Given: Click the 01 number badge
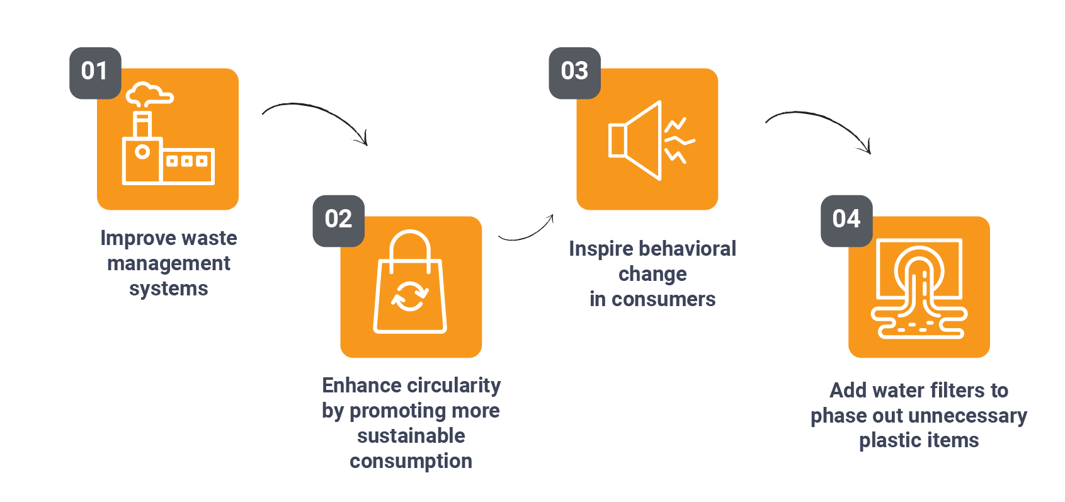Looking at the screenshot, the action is coord(95,73).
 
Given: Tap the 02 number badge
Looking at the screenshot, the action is coord(338,221).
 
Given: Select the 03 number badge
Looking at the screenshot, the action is coord(574,73).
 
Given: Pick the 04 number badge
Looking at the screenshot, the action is coord(846,221).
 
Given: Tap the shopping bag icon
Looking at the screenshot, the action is coord(410,282).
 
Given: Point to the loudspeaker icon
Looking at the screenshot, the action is coord(651,140).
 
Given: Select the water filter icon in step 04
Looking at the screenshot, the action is coord(919,288).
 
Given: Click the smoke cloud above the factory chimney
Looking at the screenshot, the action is coord(149,94).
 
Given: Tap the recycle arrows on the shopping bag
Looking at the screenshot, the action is coord(410,296).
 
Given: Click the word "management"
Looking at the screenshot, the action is coord(168,263).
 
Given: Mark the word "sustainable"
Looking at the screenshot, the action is coord(411,436).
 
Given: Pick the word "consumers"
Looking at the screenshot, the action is coord(663,299).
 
